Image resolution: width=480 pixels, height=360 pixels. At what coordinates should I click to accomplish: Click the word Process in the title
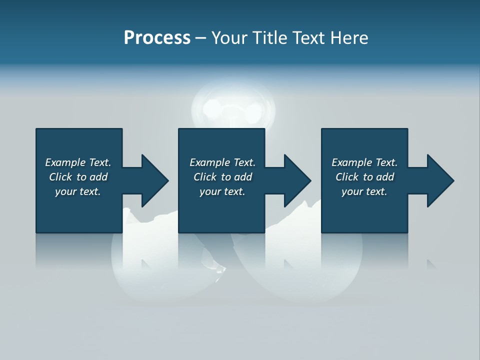click(157, 38)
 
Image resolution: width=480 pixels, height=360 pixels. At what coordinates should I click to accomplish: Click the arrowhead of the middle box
click(296, 180)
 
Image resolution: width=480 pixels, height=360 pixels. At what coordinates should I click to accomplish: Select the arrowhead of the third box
click(439, 180)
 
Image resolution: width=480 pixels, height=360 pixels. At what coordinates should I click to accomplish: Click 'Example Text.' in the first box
click(78, 162)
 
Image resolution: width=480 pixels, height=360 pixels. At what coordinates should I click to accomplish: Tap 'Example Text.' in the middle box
click(222, 162)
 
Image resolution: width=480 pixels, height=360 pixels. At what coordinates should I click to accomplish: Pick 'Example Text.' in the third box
click(364, 162)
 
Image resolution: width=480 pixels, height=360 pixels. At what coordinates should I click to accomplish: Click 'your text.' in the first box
click(78, 191)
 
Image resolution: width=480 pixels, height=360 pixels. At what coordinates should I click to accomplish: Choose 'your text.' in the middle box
click(222, 191)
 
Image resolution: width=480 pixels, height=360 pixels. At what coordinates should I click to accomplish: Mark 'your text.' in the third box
click(364, 191)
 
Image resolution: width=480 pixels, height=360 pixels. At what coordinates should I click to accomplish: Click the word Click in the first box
click(60, 177)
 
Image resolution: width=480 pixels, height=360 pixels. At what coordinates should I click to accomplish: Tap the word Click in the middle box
click(205, 177)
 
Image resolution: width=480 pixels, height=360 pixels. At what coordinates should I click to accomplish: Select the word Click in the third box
click(347, 177)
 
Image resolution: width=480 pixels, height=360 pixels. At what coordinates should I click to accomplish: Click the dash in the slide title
click(200, 38)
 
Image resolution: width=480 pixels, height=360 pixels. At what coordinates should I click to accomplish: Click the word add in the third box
click(385, 177)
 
